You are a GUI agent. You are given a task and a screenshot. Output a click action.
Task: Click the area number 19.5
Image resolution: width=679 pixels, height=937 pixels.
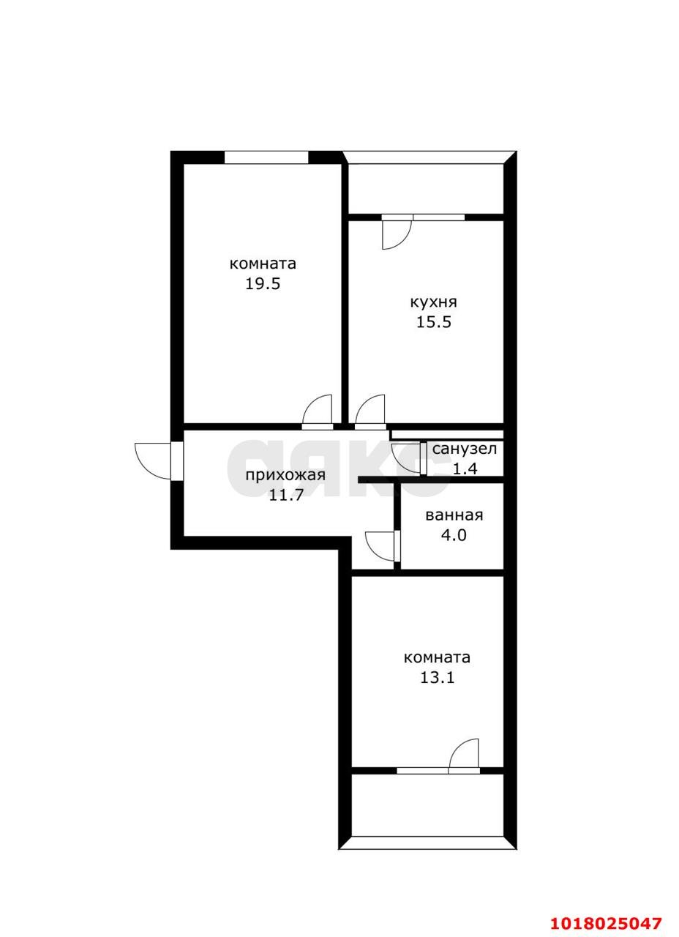point(262,284)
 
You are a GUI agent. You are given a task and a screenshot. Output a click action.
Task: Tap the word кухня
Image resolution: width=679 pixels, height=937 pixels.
point(434,303)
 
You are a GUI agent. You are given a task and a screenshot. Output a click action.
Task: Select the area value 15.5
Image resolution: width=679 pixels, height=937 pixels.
point(434,322)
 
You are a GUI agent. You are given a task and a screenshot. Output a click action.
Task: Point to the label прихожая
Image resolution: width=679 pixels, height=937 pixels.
point(285,476)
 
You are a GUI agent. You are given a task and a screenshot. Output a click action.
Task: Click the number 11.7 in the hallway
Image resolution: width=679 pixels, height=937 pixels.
point(285,496)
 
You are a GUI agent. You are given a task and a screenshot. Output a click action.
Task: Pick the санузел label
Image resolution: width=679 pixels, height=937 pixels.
point(465,449)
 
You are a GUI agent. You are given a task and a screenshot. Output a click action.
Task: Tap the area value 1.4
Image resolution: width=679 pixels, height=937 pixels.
point(465,468)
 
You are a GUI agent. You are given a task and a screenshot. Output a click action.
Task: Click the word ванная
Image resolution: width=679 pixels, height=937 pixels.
point(454,515)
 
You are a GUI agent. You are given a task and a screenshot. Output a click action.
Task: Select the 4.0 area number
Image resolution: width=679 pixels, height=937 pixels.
point(454,535)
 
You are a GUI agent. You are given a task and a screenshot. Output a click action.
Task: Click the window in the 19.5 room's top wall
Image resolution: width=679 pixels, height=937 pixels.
point(266,157)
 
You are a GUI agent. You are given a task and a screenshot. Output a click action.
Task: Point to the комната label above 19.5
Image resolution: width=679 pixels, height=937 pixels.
point(263,264)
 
